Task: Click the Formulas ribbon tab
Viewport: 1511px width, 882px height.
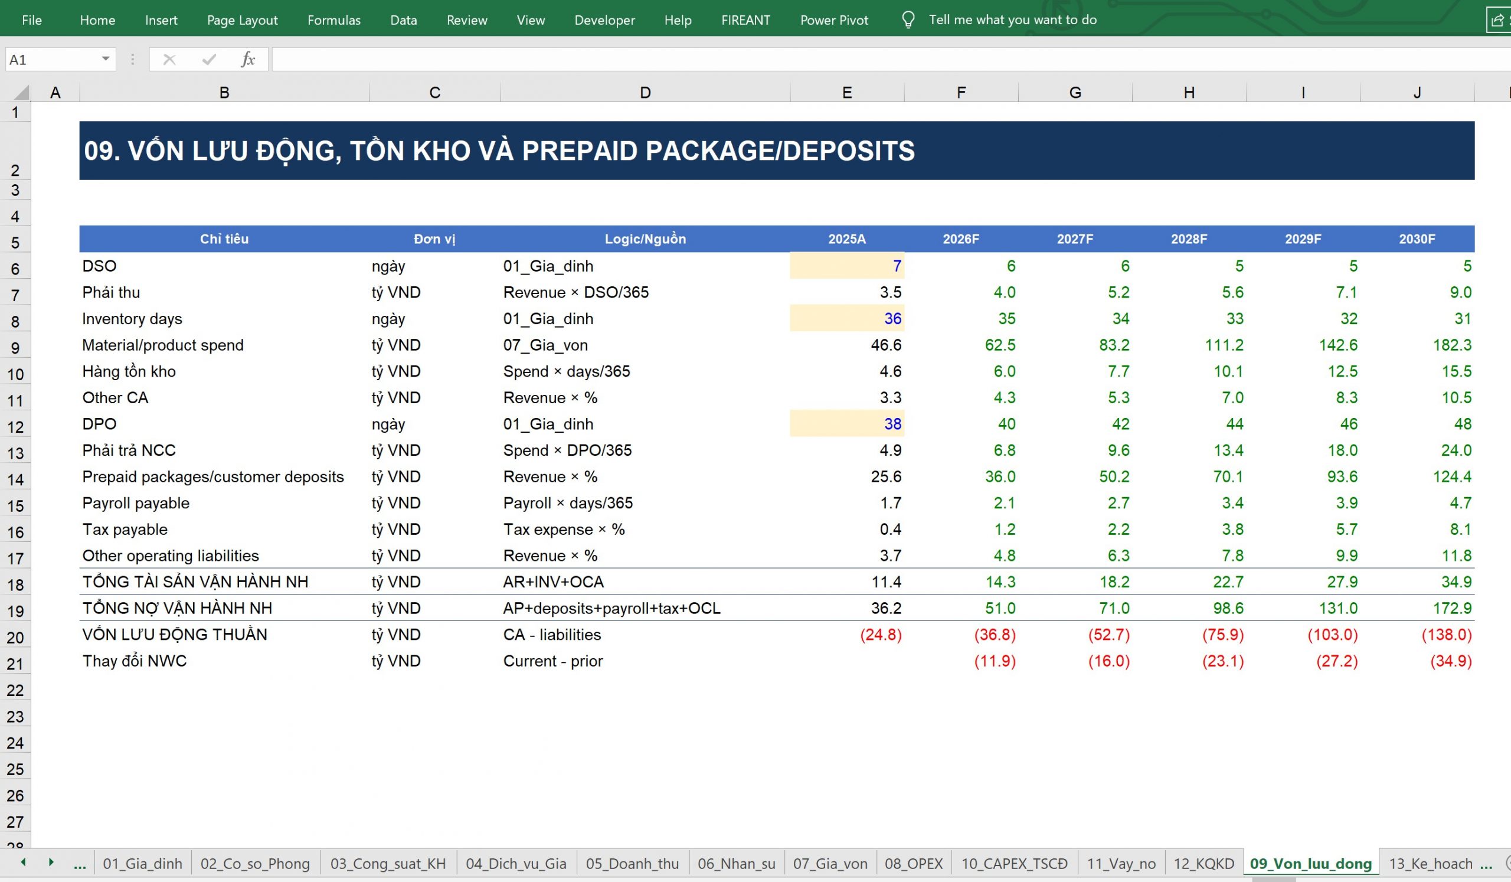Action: point(334,21)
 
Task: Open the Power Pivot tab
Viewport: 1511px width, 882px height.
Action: point(834,21)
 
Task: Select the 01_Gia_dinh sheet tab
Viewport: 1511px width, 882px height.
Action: point(143,864)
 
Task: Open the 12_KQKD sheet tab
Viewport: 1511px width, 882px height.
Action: point(1203,864)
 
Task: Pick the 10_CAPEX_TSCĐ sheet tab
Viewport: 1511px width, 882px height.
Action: point(1015,864)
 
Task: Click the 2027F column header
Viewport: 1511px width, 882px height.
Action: point(1075,239)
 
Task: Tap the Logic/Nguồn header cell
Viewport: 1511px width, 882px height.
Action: point(645,239)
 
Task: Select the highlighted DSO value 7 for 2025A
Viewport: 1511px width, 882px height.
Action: point(897,266)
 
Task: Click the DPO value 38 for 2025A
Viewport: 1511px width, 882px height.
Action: point(893,424)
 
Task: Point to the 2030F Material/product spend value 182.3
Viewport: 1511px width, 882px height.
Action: point(1452,345)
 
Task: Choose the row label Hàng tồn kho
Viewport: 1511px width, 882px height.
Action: point(129,371)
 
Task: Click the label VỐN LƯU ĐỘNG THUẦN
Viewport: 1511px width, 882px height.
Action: point(175,635)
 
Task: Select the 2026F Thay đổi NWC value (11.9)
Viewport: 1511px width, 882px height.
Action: point(995,661)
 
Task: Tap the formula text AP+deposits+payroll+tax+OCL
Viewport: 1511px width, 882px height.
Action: point(611,608)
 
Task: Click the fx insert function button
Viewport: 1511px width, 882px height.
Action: point(248,60)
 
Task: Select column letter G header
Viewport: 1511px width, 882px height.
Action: point(1075,92)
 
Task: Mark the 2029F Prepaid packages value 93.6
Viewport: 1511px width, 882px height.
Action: point(1342,476)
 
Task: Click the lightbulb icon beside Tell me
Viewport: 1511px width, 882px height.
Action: point(908,21)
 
